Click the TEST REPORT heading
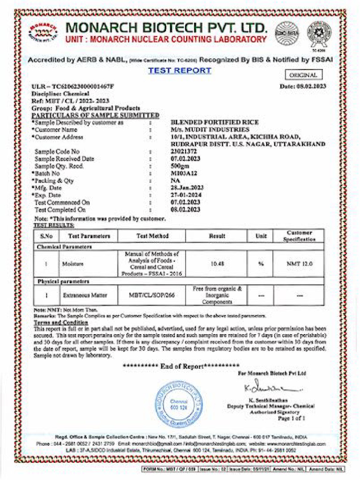(x=180, y=71)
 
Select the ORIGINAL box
(x=303, y=75)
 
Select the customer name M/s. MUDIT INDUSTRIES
(x=210, y=129)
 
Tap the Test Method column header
(x=152, y=236)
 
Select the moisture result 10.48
(x=217, y=264)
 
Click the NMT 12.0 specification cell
(x=300, y=264)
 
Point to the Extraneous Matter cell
(x=85, y=295)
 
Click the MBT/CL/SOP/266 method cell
(x=152, y=295)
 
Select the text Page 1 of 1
(x=292, y=418)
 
